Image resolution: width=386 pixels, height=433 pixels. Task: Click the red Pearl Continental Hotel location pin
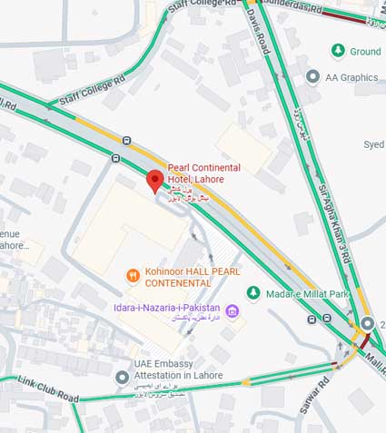pos(154,181)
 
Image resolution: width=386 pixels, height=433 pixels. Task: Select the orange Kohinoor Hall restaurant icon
pos(134,273)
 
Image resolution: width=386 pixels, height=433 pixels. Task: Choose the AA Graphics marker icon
pos(313,77)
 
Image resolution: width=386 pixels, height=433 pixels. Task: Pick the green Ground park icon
pos(337,51)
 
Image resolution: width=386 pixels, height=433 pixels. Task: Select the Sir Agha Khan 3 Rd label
pos(334,225)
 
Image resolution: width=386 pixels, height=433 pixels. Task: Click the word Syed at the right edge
pos(373,144)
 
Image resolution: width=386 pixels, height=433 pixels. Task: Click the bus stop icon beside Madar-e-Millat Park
pos(326,319)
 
